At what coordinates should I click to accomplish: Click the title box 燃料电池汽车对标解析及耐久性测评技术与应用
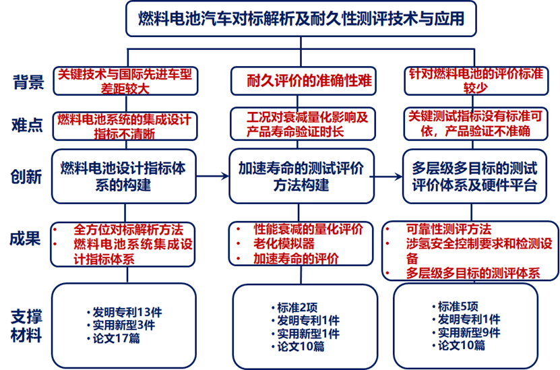[301, 19]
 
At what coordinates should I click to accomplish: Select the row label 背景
[28, 82]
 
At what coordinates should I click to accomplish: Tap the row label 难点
[27, 125]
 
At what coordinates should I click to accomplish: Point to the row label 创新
[26, 177]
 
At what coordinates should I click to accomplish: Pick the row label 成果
[25, 238]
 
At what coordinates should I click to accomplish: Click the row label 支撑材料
[26, 326]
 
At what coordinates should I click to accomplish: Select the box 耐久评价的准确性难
[303, 81]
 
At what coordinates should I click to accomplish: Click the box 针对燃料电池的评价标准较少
[476, 81]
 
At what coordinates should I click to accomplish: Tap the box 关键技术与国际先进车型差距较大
[125, 81]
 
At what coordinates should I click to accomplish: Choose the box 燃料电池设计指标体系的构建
[123, 177]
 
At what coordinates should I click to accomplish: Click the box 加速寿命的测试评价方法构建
[301, 177]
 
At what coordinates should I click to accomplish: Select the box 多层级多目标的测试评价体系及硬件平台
[474, 177]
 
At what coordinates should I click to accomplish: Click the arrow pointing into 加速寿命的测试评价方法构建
[212, 176]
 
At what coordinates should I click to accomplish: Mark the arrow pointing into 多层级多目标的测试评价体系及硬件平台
[386, 177]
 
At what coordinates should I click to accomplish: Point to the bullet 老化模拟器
[284, 244]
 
